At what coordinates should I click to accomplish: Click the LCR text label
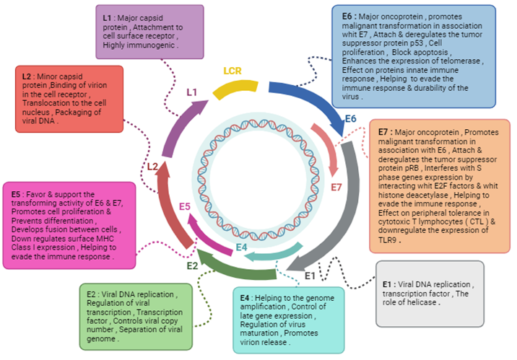click(x=233, y=71)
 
